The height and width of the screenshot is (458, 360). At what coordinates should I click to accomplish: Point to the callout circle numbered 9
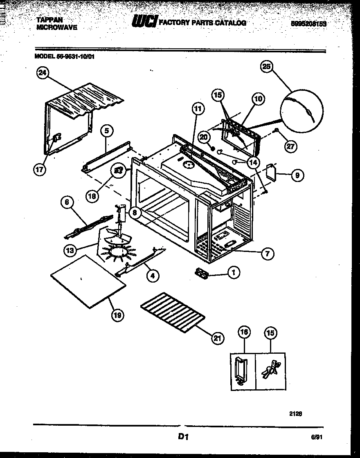click(x=297, y=175)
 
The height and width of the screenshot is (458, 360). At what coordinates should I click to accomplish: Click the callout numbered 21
click(x=218, y=337)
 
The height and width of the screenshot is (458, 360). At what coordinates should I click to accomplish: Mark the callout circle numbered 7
click(x=267, y=253)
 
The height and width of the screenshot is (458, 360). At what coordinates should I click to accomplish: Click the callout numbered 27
click(x=290, y=147)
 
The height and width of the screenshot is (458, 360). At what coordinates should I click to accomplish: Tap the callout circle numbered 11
click(x=198, y=109)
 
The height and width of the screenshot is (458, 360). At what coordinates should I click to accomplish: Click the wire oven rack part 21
click(x=172, y=312)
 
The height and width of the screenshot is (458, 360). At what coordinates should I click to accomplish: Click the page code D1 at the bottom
click(x=182, y=437)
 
